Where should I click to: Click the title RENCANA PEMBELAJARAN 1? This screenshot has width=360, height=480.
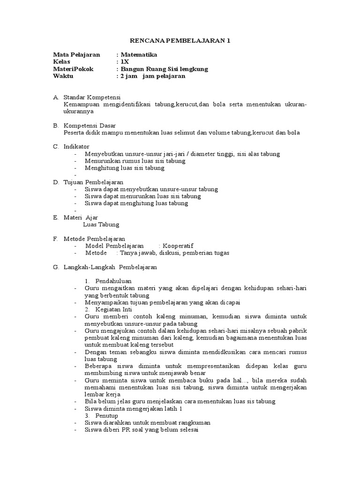(180, 41)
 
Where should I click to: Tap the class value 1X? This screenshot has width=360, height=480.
(124, 62)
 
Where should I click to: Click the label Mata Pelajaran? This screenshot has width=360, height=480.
(76, 55)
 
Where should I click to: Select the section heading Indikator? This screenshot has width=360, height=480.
(76, 147)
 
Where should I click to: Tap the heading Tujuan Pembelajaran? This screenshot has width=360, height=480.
(93, 182)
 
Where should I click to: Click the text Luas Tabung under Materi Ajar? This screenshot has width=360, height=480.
(101, 225)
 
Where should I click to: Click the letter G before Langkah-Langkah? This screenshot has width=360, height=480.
(56, 267)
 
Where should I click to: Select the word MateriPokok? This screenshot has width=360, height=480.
(73, 69)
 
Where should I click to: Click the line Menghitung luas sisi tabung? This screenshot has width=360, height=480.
(124, 168)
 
